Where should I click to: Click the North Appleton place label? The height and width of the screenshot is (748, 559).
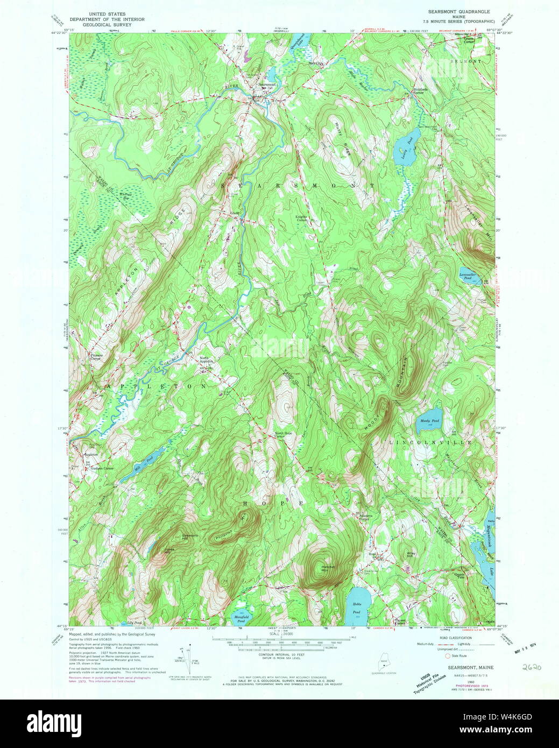tap(206, 359)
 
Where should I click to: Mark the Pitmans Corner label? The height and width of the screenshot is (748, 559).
tap(95, 357)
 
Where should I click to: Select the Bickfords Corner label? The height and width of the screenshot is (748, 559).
tap(414, 91)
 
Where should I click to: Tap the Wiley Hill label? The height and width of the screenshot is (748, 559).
tap(412, 554)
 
